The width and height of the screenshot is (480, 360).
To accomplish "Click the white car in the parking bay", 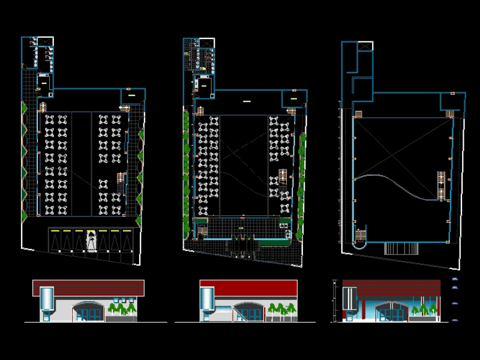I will coord(91,241).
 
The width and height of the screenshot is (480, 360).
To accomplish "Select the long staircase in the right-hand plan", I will coord(442,186).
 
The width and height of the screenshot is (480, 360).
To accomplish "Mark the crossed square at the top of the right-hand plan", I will coord(365,46).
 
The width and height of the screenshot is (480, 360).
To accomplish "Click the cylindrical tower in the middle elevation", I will coord(207,300).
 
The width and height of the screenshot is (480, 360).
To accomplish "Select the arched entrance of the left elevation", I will coord(88,311).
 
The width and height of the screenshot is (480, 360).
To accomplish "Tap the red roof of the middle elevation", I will coord(248,287).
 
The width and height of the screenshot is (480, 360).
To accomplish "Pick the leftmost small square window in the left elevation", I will coord(116,299).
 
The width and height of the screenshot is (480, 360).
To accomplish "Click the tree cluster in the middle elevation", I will coord(282,310).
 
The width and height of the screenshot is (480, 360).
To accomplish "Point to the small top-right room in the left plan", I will coord(132,95).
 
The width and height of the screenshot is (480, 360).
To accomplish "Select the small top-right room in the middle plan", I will coord(294,97).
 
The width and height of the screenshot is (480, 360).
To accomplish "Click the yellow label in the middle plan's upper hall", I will coord(247,102).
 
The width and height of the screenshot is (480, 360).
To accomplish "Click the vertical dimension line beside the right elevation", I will coord(334,300).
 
